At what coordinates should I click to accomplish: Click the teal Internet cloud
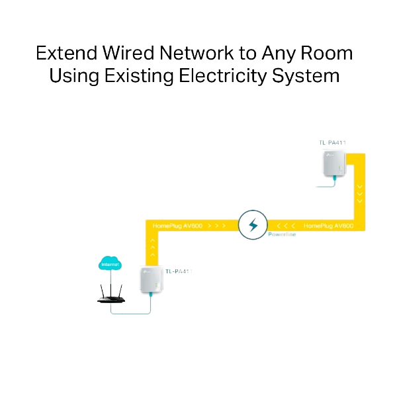point(110,264)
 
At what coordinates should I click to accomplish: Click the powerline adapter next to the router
point(151,281)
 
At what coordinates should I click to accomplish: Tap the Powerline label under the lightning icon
point(283,234)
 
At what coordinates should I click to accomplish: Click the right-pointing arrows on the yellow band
point(218,226)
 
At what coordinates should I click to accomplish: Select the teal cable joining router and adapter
point(136,312)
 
